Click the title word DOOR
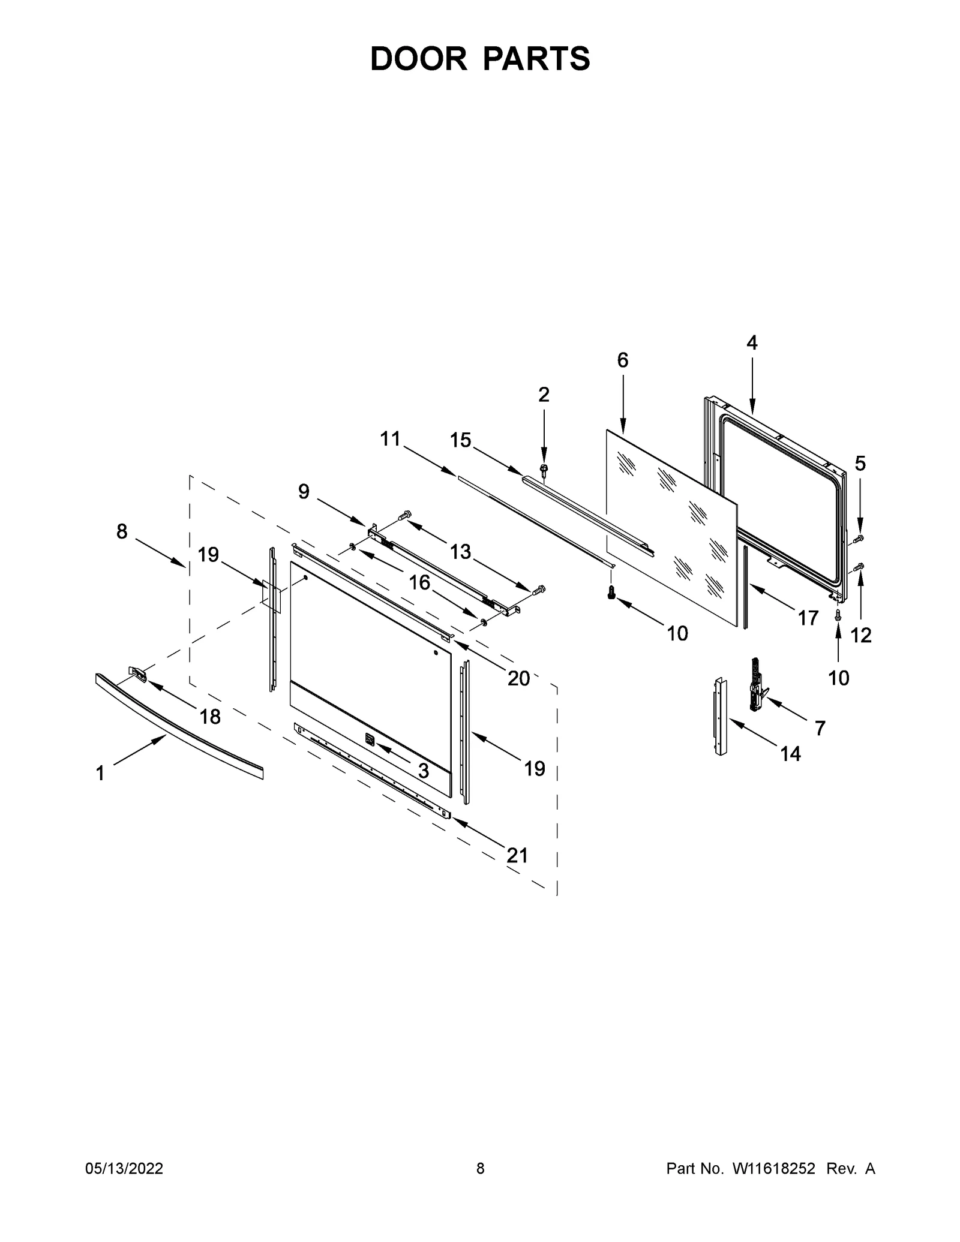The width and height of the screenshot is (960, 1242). tap(418, 59)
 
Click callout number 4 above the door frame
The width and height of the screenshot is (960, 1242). tap(752, 343)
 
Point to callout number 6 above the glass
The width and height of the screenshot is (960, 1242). tap(622, 360)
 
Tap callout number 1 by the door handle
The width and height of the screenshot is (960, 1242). tap(100, 774)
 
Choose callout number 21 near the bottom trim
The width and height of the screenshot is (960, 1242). tap(517, 855)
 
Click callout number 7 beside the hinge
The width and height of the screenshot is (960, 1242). tap(820, 728)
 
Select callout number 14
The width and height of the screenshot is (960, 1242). tap(790, 754)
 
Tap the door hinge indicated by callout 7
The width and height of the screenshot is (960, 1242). tap(757, 684)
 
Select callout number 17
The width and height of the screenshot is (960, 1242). tap(808, 618)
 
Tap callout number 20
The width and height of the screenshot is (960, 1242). tap(518, 678)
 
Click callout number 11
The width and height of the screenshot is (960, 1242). tap(390, 439)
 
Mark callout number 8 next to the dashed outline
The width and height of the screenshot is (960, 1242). tap(122, 531)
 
